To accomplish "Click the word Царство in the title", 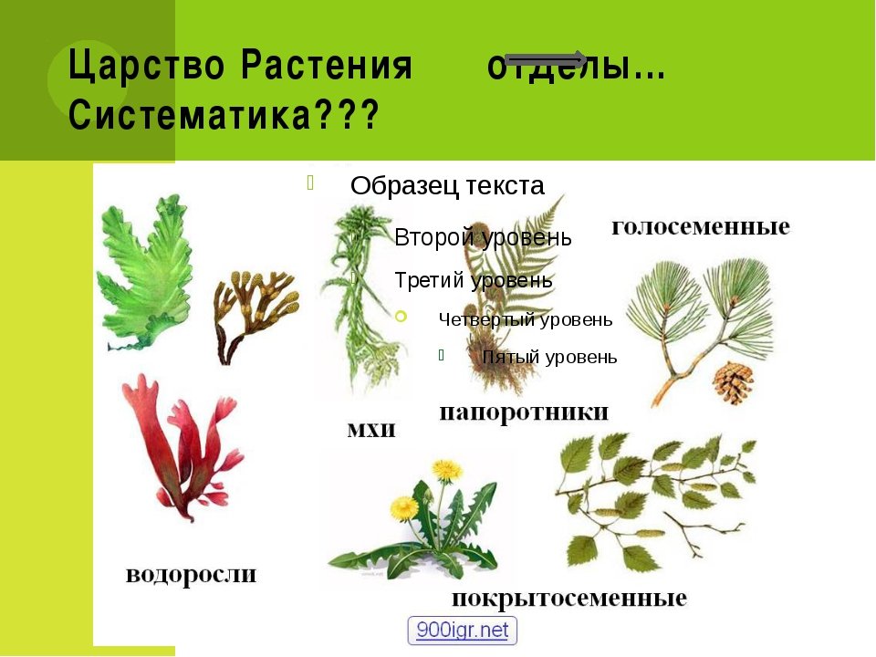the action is [146, 66].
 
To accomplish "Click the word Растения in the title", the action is [327, 65].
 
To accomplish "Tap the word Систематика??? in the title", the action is [224, 115].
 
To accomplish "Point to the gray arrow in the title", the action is [546, 58].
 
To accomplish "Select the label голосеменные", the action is [701, 227].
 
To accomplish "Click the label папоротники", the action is [524, 412].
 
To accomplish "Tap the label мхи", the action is [371, 430].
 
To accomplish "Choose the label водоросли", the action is [191, 575].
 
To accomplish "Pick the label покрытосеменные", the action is [569, 599].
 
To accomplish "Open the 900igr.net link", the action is [462, 631].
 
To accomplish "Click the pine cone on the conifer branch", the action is [733, 382].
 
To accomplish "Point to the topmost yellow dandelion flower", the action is [447, 471].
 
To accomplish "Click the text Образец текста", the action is [447, 185].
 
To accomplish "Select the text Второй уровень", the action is [484, 237].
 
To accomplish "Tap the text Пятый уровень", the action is [549, 357].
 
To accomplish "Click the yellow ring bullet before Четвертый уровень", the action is [401, 317].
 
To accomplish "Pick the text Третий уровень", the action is [474, 280].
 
